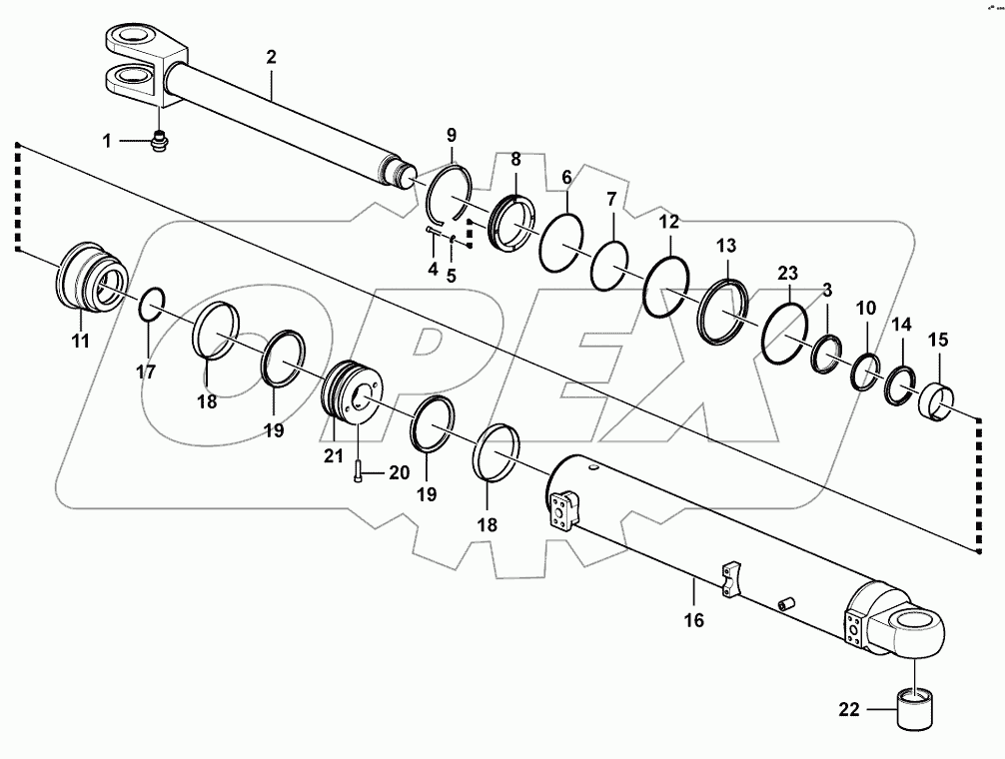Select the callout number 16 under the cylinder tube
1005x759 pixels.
(692, 620)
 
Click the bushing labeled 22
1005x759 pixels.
(915, 711)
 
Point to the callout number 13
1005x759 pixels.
(726, 245)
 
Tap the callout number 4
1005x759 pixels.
(433, 269)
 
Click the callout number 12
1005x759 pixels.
(669, 221)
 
